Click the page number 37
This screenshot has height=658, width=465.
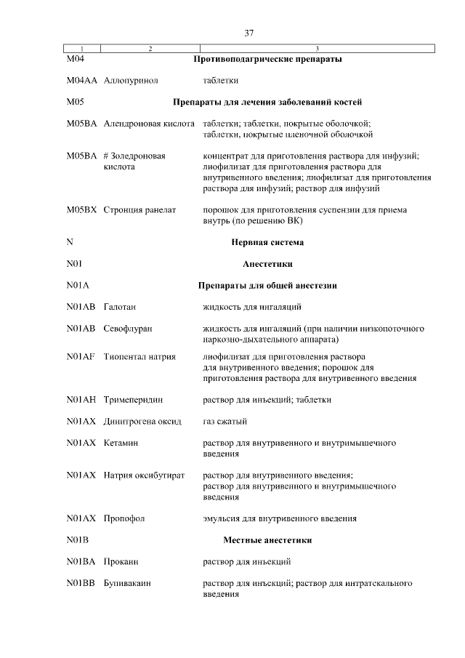pos(249,33)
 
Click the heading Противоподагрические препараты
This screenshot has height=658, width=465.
pos(267,59)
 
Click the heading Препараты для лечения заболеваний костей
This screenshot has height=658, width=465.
pos(267,102)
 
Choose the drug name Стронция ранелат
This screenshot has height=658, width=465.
pos(140,210)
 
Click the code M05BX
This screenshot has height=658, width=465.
pos(81,210)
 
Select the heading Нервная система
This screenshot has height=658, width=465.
pos(267,242)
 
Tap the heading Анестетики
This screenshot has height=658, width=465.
pos(267,264)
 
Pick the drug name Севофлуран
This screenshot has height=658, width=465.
pos(129,329)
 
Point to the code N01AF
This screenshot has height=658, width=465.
pos(81,356)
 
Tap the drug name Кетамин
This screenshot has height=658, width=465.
pos(121,443)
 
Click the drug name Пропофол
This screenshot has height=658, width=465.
pos(125,519)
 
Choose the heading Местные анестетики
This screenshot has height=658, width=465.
pos(267,540)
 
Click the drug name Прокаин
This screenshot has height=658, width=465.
pos(121,562)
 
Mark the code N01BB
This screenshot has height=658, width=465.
pos(81,584)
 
